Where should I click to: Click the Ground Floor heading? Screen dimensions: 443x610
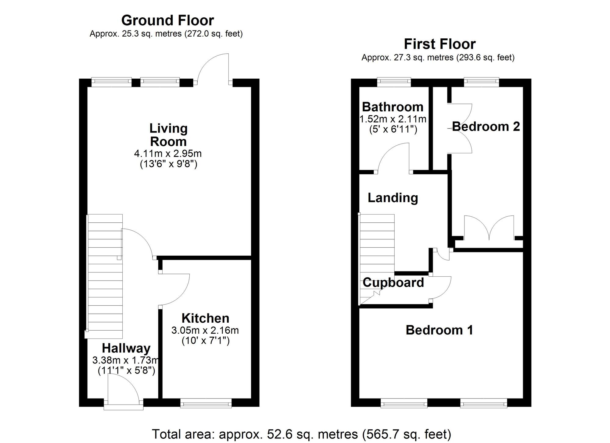pyautogui.click(x=167, y=20)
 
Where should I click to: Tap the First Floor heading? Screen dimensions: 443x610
pyautogui.click(x=440, y=44)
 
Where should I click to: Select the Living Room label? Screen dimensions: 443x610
pyautogui.click(x=168, y=135)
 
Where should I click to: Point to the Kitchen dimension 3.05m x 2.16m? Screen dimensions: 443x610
pyautogui.click(x=205, y=330)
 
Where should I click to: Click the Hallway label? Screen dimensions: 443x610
pyautogui.click(x=126, y=348)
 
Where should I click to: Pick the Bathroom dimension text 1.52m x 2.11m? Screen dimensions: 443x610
pyautogui.click(x=393, y=119)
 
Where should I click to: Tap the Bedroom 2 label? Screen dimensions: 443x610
pyautogui.click(x=486, y=126)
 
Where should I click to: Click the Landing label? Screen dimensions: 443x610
pyautogui.click(x=393, y=198)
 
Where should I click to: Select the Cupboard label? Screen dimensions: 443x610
pyautogui.click(x=393, y=283)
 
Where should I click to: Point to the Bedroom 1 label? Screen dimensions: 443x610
pyautogui.click(x=439, y=330)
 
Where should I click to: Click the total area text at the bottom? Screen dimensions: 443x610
pyautogui.click(x=301, y=434)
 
